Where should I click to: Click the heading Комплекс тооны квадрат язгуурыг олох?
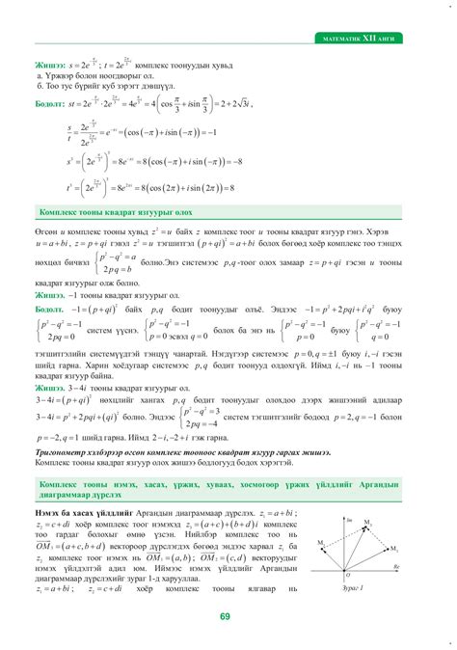(x=115, y=212)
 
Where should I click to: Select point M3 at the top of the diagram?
(x=366, y=522)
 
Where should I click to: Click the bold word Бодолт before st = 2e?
(x=49, y=100)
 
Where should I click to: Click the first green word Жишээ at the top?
(x=50, y=62)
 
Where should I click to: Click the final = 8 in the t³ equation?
(x=228, y=188)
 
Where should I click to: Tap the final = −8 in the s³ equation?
(x=237, y=163)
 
